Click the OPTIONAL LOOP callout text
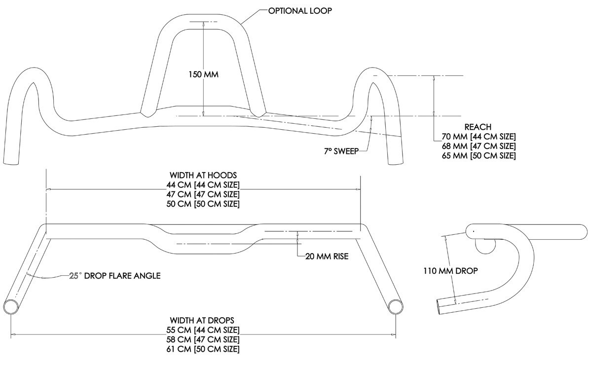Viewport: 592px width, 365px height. [300, 11]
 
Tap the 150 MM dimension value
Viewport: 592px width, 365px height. [203, 74]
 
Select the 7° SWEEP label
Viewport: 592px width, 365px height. [341, 151]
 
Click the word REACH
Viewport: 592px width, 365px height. [478, 127]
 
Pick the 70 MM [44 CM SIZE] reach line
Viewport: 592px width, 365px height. [479, 137]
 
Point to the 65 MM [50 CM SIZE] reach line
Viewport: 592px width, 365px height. [479, 156]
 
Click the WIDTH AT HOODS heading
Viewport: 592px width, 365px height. [203, 175]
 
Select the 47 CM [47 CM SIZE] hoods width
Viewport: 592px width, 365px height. [203, 194]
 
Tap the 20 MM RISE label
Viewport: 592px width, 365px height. [327, 256]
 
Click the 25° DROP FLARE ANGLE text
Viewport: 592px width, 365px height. [115, 276]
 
